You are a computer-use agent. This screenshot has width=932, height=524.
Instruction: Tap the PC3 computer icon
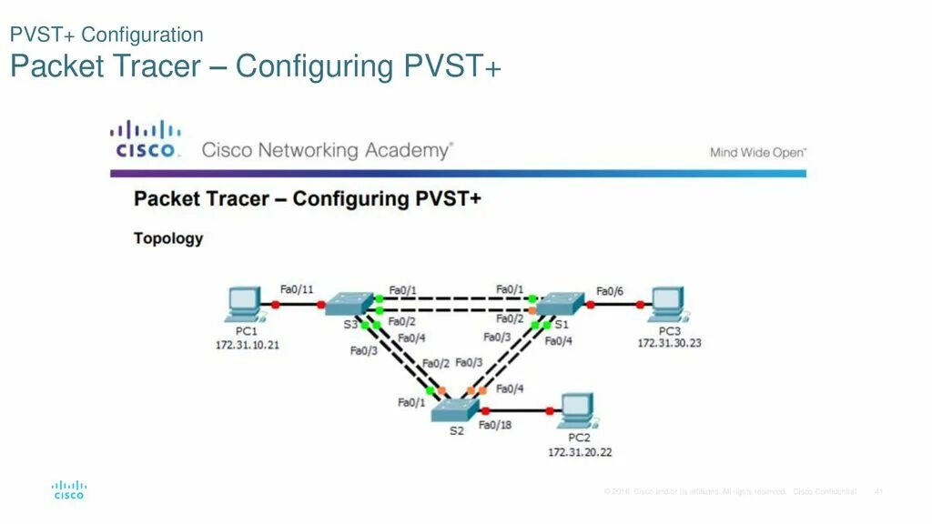point(668,304)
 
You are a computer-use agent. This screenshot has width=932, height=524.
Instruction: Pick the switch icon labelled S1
point(560,304)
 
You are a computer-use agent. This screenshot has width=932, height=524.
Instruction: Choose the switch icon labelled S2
point(455,409)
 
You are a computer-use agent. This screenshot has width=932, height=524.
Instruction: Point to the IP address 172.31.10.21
point(247,345)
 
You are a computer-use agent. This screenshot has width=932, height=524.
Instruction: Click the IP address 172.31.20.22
point(579,451)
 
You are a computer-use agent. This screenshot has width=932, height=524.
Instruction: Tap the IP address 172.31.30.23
point(669,343)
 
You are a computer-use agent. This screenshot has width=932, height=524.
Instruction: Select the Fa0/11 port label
point(297,289)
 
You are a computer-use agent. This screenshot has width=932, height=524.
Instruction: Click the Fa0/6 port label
point(610,291)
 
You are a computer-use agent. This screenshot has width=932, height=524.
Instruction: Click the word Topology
point(168,238)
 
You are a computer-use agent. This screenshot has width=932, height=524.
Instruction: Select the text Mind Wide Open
point(757,153)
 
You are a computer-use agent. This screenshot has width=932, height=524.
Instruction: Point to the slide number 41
point(879,491)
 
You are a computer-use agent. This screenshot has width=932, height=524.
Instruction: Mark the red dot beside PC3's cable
point(641,305)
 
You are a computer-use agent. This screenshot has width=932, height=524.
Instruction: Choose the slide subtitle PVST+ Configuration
point(106,35)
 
